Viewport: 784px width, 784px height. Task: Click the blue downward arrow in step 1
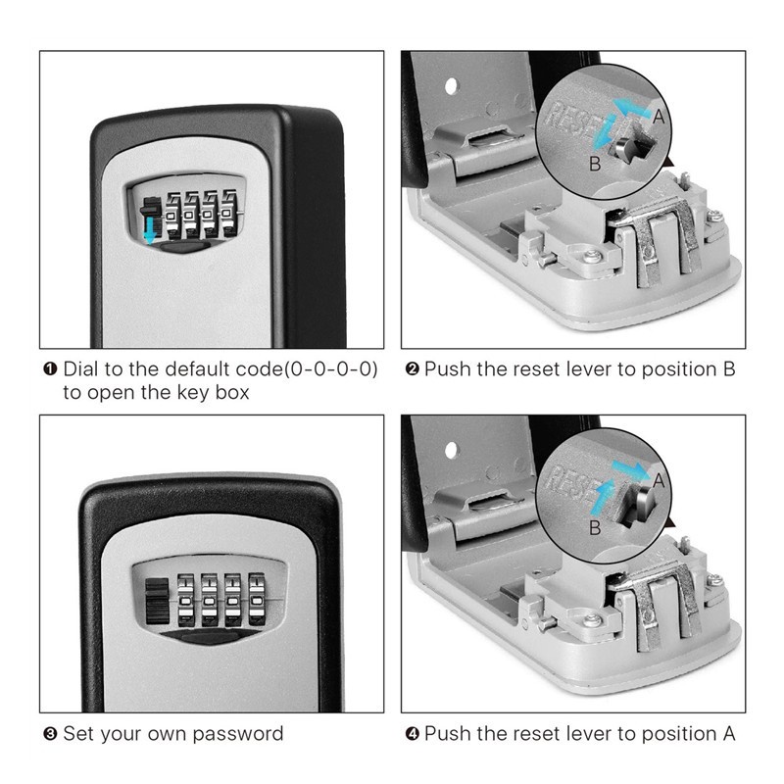150,229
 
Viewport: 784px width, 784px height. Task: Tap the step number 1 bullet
51,369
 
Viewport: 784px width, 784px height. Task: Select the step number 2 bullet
412,369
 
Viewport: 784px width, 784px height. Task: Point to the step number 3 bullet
51,734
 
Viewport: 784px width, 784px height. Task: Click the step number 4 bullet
412,734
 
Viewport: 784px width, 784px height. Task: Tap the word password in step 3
238,734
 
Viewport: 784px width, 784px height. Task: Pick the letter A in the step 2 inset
659,117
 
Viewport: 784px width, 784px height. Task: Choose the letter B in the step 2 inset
595,164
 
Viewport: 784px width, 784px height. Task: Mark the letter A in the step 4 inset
659,481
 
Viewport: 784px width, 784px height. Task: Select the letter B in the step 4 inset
595,528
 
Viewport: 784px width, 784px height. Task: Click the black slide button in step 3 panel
157,602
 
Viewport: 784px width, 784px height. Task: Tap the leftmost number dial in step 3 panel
185,600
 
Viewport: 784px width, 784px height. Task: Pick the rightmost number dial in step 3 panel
257,599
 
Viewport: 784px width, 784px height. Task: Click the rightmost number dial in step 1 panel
229,213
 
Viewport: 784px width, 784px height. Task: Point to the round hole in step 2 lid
451,86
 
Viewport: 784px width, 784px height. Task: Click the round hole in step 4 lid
451,450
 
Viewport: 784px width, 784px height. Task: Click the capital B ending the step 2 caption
729,369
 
